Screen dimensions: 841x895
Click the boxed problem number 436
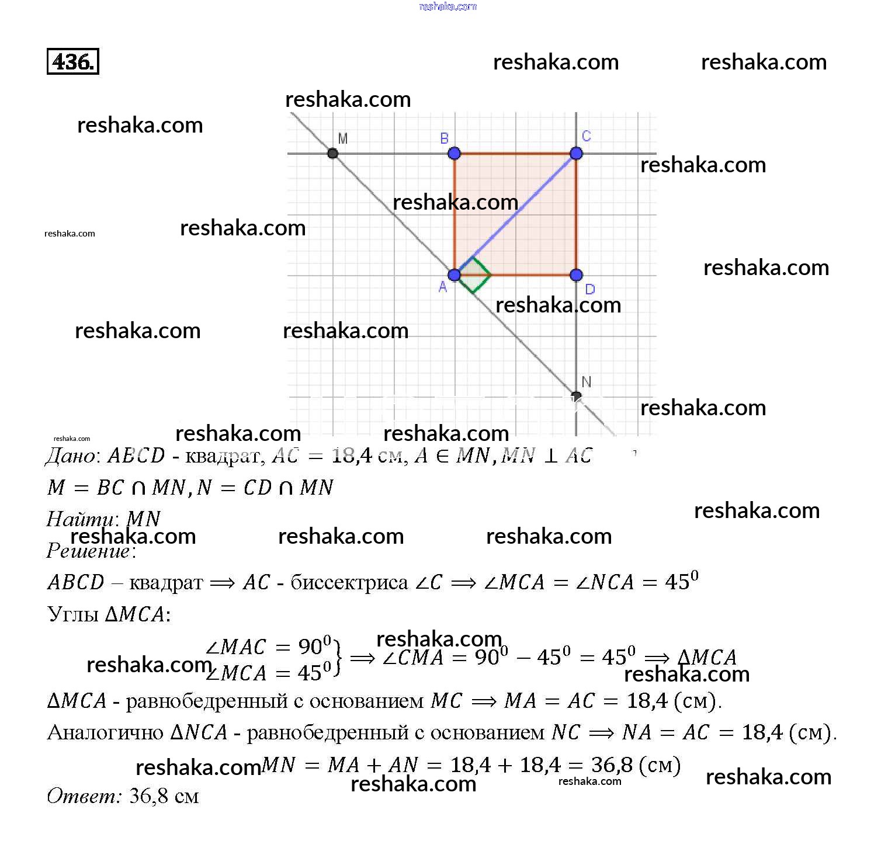72,61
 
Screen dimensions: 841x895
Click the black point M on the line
332,154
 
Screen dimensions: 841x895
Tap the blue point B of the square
454,154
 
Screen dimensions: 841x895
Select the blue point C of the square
576,154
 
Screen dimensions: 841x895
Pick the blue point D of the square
576,275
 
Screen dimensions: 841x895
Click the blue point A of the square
454,275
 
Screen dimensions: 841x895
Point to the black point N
576,397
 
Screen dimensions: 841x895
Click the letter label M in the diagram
343,138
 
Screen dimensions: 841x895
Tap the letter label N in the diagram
587,382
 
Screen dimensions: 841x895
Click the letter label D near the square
589,289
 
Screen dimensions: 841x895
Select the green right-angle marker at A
474,274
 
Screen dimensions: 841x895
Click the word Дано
70,456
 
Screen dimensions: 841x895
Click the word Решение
88,551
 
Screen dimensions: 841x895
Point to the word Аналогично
105,732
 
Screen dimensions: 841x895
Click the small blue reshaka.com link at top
447,6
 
